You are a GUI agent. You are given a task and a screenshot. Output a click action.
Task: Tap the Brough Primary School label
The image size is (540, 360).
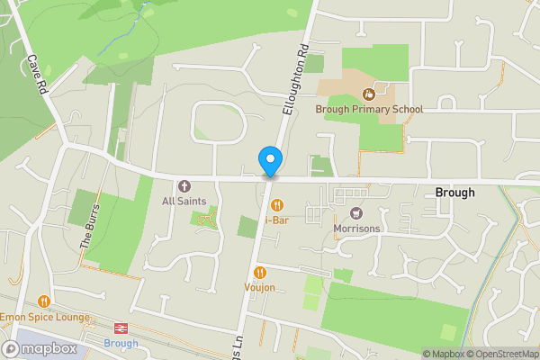pyautogui.click(x=369, y=109)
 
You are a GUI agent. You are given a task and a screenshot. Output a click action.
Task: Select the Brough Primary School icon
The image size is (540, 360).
pyautogui.click(x=368, y=94)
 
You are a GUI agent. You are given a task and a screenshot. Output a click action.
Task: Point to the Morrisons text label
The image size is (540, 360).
pyautogui.click(x=356, y=229)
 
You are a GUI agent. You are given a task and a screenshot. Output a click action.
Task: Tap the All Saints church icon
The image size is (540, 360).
pyautogui.click(x=184, y=185)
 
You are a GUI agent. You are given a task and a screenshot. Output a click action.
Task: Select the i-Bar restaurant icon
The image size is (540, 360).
pyautogui.click(x=276, y=204)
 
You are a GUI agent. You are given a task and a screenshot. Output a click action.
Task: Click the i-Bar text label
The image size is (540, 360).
pyautogui.click(x=276, y=219)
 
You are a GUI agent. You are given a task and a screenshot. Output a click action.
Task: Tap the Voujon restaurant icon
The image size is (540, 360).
pyautogui.click(x=259, y=273)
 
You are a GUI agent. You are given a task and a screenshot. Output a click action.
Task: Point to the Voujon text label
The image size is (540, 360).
pyautogui.click(x=259, y=287)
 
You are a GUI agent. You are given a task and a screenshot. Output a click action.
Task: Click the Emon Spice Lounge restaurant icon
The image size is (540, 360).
pyautogui.click(x=43, y=301)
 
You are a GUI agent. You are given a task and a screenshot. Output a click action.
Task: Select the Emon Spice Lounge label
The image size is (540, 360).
pyautogui.click(x=45, y=317)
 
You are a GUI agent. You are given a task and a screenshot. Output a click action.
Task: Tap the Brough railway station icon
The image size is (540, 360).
pyautogui.click(x=120, y=328)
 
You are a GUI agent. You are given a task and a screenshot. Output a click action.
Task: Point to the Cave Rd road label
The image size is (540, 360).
pyautogui.click(x=36, y=76)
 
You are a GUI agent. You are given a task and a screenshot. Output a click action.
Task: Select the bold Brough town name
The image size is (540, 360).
pyautogui.click(x=454, y=193)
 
